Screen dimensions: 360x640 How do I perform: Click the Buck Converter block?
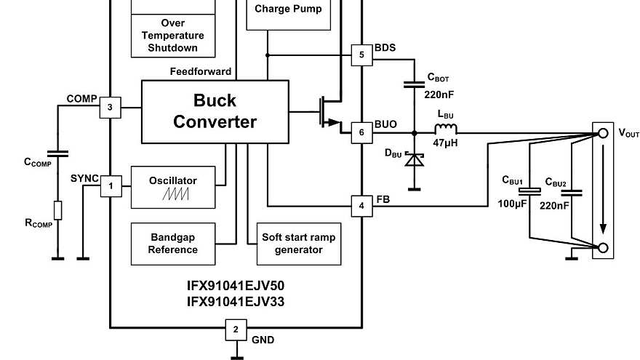[x=215, y=111]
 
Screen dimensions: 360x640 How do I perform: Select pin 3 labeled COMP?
[x=110, y=108]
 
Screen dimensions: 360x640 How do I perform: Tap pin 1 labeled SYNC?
[x=110, y=186]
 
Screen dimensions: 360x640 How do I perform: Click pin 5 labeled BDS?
[x=361, y=55]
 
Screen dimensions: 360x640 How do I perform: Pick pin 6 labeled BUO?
[x=361, y=132]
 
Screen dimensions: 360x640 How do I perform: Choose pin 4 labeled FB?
[x=361, y=206]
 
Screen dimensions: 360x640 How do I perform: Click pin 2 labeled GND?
[x=235, y=329]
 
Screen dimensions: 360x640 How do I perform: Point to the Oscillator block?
[x=173, y=187]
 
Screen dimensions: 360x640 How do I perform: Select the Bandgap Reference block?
[x=173, y=244]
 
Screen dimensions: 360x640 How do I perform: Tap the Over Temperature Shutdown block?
[x=173, y=35]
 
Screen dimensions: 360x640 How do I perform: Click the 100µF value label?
[x=511, y=205]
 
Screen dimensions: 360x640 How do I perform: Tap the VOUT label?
[x=628, y=133]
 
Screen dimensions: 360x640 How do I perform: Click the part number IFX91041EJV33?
[x=236, y=300]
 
